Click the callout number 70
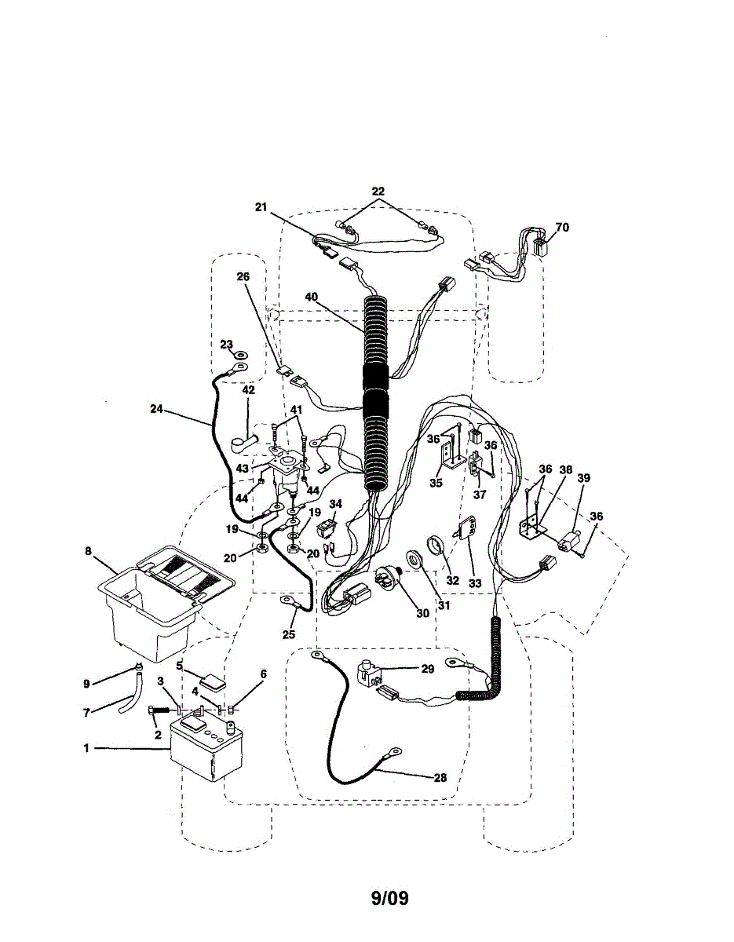coord(561,228)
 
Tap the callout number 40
coord(313,298)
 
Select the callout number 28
coord(440,778)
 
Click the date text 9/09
coord(390,897)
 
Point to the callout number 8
coord(88,551)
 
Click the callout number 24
coord(158,407)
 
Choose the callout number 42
coord(248,390)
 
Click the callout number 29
coord(427,669)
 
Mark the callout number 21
coord(261,207)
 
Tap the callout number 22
coord(378,192)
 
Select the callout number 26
coord(242,276)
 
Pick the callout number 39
coord(583,477)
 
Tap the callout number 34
coord(335,504)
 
